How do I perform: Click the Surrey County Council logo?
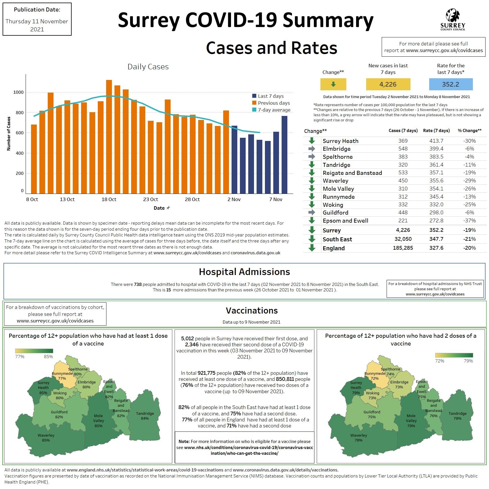click(x=452, y=20)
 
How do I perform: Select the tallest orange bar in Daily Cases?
click(x=109, y=136)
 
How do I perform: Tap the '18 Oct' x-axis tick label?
click(x=109, y=199)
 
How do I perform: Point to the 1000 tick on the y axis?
click(x=18, y=92)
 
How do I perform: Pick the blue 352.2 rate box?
click(x=450, y=84)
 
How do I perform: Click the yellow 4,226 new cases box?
click(x=388, y=84)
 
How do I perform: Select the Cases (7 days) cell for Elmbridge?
click(x=403, y=149)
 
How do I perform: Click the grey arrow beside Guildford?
click(x=312, y=213)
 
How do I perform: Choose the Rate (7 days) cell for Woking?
click(x=436, y=205)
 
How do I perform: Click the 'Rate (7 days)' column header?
click(x=436, y=131)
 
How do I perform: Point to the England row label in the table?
click(x=333, y=248)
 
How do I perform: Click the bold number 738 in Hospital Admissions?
click(x=138, y=284)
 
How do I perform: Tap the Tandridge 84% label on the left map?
click(x=145, y=416)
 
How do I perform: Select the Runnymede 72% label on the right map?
click(x=375, y=376)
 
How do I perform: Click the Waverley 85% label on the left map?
click(x=46, y=438)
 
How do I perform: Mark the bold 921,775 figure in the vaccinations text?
click(x=206, y=373)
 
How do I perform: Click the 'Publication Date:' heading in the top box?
click(x=37, y=10)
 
